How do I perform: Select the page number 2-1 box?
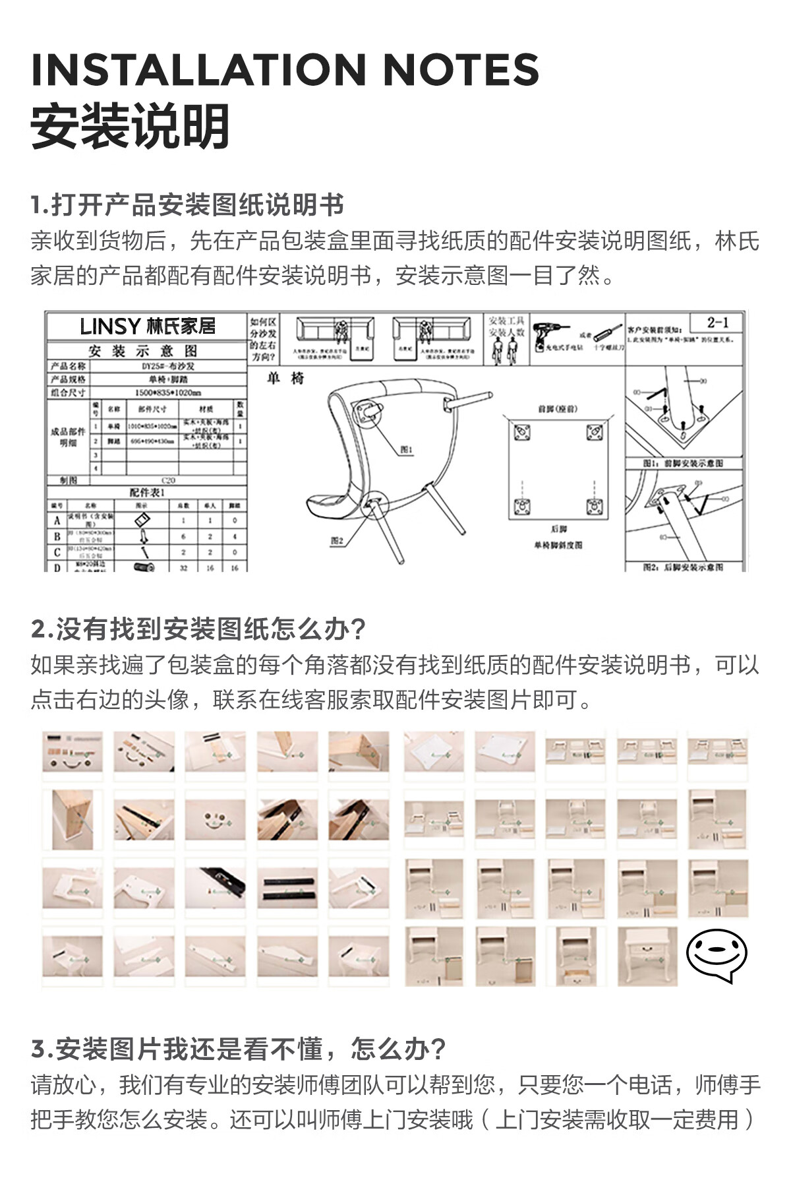[x=717, y=323]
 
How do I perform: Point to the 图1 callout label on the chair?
[x=407, y=450]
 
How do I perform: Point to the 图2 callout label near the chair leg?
[x=337, y=541]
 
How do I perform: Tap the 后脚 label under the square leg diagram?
[x=558, y=529]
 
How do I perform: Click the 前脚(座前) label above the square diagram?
[x=557, y=409]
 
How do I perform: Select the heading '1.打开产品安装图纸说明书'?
[x=187, y=205]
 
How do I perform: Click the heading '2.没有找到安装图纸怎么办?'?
[x=198, y=629]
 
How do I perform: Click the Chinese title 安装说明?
[x=131, y=127]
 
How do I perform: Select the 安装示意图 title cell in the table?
[x=143, y=351]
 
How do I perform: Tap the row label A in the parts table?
[x=57, y=520]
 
